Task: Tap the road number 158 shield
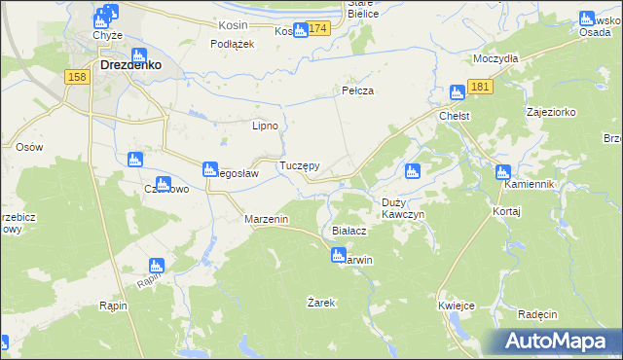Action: pyautogui.click(x=78, y=77)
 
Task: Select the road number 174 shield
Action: pyautogui.click(x=319, y=29)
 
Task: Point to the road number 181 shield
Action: pyautogui.click(x=480, y=88)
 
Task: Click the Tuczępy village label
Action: pyautogui.click(x=300, y=166)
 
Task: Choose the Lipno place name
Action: pyautogui.click(x=266, y=126)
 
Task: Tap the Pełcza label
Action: pyautogui.click(x=358, y=90)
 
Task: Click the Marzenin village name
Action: pyautogui.click(x=266, y=220)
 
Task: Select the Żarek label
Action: pyautogui.click(x=321, y=303)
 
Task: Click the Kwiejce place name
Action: pyautogui.click(x=457, y=306)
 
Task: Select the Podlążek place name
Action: pyautogui.click(x=233, y=44)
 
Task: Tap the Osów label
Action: pyautogui.click(x=30, y=147)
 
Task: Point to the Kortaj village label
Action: pyautogui.click(x=507, y=211)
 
